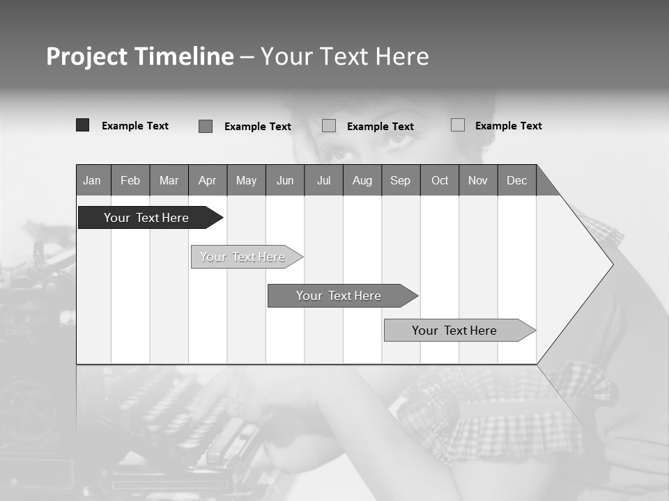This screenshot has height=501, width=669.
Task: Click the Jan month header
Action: coord(93,180)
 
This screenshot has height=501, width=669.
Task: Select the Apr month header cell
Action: coord(208,180)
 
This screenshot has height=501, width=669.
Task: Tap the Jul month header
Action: coord(323,180)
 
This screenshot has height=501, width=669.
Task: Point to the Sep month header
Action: coord(401,180)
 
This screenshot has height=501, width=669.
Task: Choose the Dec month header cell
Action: coord(516,180)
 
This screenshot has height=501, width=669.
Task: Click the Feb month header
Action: coord(130,180)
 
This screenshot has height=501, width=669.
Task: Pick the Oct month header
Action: coord(439,180)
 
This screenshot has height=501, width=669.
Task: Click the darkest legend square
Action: coord(82,125)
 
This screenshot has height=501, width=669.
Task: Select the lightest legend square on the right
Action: coord(457,125)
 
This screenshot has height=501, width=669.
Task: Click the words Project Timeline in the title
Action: coord(139,56)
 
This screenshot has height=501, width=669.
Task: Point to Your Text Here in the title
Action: coord(344,56)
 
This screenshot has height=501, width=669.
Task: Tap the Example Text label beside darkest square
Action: coord(135,126)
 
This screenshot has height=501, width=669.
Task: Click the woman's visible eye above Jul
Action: coord(339,152)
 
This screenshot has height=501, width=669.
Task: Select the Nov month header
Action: coord(478,180)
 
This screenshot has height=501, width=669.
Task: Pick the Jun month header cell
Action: coord(285,180)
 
